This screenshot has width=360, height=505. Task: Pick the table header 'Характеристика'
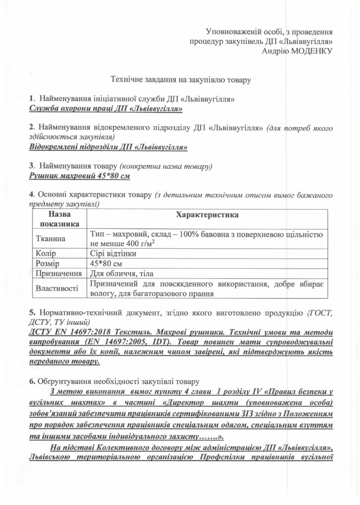pyautogui.click(x=207, y=216)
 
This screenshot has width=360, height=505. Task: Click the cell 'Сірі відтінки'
pyautogui.click(x=113, y=253)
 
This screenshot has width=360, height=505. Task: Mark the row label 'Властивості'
pyautogui.click(x=57, y=288)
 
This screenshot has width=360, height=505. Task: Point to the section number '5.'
pyautogui.click(x=32, y=312)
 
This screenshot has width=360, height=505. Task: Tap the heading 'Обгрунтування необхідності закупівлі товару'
pyautogui.click(x=118, y=381)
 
